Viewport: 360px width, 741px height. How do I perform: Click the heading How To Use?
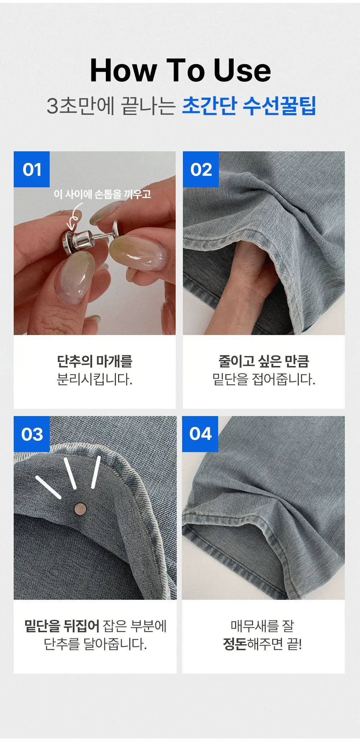coord(180,70)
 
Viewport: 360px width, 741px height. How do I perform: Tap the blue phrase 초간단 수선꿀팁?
coord(249,106)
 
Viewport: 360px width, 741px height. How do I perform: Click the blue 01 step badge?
coord(32,169)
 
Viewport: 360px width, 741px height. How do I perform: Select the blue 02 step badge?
coord(201,169)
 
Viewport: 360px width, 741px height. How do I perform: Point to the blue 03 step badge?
coord(32,434)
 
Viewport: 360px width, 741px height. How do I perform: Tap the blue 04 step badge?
coord(200,434)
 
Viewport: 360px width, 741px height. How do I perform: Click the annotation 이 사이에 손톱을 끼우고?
coord(102,194)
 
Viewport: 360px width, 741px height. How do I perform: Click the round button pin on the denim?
coord(80,509)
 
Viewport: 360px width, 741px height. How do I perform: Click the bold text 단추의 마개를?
coord(95,361)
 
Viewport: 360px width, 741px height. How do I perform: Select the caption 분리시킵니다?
coord(95,379)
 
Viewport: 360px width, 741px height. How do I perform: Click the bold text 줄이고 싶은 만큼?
coord(264,361)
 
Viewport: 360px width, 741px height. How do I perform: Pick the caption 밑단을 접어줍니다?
coord(264,379)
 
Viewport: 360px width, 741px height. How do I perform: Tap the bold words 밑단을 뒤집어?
coord(62,626)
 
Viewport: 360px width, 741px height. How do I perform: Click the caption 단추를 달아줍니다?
coord(95,644)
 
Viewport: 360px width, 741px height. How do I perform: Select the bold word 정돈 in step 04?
coord(235,644)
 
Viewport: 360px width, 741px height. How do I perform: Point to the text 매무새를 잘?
coord(262,626)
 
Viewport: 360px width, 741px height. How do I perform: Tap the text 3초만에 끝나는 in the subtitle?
coord(111,106)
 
